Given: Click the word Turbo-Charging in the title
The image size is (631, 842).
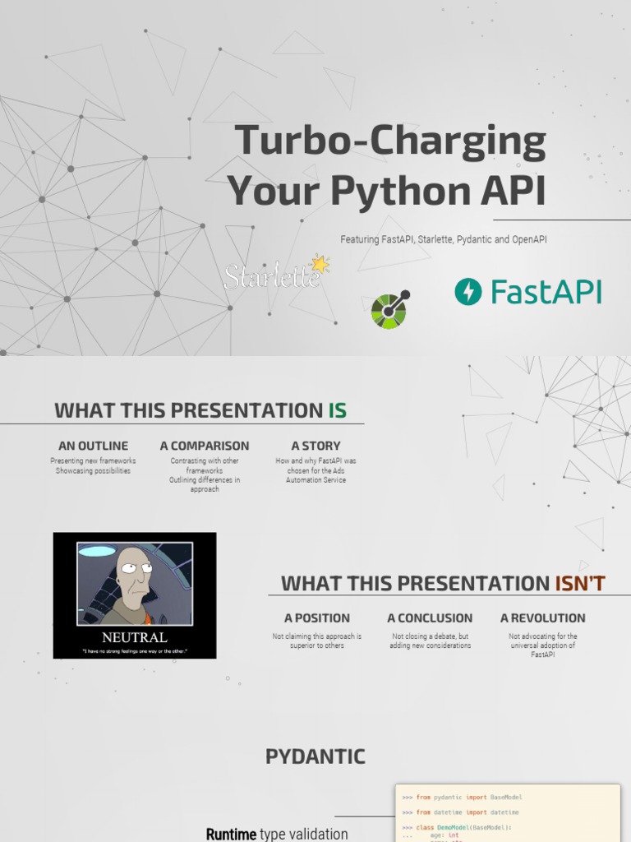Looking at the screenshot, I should pyautogui.click(x=390, y=141).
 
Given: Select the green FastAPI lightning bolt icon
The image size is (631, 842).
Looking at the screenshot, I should pyautogui.click(x=468, y=292).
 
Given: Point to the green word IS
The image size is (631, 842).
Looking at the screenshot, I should pyautogui.click(x=337, y=410).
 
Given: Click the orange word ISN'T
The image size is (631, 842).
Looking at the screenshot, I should pyautogui.click(x=580, y=584).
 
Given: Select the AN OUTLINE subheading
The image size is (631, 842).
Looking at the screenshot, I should pyautogui.click(x=93, y=446).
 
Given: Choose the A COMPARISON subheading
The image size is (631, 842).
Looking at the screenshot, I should pyautogui.click(x=205, y=446).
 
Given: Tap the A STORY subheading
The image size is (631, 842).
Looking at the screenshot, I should pyautogui.click(x=315, y=446).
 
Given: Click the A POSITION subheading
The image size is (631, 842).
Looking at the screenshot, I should pyautogui.click(x=317, y=618).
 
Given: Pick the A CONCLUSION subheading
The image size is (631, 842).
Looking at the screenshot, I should pyautogui.click(x=430, y=618).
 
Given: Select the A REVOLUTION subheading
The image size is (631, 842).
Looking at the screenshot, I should pyautogui.click(x=542, y=618).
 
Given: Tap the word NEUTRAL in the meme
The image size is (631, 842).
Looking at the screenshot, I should pyautogui.click(x=135, y=637).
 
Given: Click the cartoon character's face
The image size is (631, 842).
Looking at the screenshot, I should pyautogui.click(x=133, y=571).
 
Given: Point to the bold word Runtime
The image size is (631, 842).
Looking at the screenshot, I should pyautogui.click(x=231, y=835).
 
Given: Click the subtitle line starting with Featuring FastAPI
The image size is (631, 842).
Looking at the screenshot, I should pyautogui.click(x=444, y=239).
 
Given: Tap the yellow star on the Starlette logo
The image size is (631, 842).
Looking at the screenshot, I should pyautogui.click(x=319, y=264).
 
